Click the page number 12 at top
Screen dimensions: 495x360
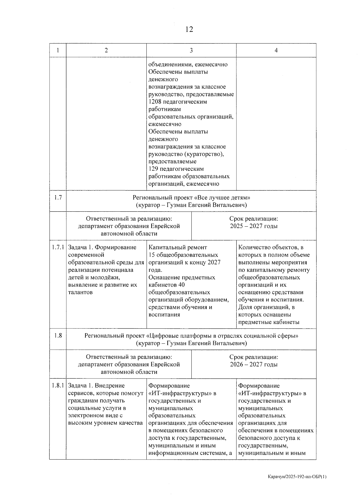coord(189,29)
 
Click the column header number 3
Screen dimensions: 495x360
coord(191,50)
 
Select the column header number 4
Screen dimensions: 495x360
coord(276,50)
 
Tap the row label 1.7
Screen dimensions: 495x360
coord(58,198)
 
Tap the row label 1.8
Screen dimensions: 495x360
coord(58,335)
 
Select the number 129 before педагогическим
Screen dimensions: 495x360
coord(153,169)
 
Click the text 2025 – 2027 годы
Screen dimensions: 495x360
coord(253,226)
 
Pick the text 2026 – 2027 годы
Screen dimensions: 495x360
coord(253,364)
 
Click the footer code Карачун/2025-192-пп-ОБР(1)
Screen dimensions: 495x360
coord(297,477)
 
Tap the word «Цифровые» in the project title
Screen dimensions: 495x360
coord(163,336)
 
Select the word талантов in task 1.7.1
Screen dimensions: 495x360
coord(80,292)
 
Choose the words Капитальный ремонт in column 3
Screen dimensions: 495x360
coord(178,248)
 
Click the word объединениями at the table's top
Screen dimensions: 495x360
coord(168,65)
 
